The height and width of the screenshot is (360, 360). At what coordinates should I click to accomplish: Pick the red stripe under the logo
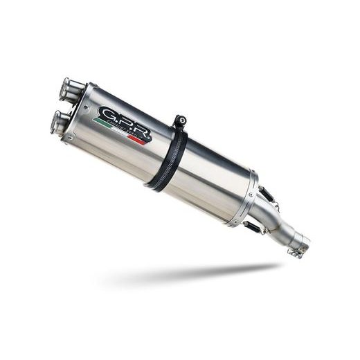pos(138,138)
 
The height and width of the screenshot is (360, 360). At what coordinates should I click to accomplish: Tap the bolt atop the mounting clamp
pos(181,120)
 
